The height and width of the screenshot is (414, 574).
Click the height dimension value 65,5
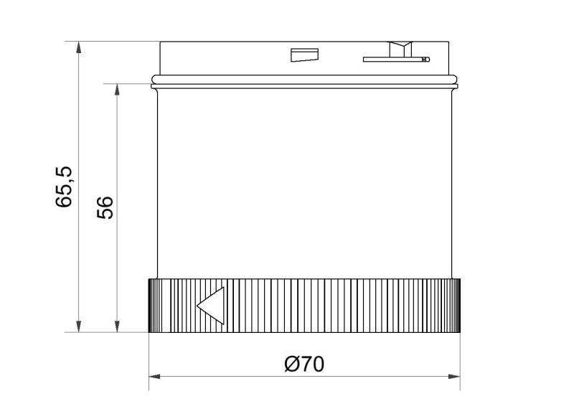click(65, 187)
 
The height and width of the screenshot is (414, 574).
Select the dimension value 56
click(105, 207)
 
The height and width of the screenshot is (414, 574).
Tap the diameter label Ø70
click(304, 364)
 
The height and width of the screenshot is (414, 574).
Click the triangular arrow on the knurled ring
click(213, 306)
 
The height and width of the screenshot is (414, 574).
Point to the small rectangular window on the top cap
click(304, 55)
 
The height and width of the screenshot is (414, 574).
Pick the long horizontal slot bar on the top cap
click(395, 59)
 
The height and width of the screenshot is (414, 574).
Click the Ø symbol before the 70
click(292, 364)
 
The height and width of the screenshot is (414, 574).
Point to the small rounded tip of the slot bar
click(428, 59)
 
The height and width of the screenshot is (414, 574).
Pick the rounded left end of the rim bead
click(153, 80)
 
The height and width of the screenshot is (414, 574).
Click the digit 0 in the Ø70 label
click(316, 364)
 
